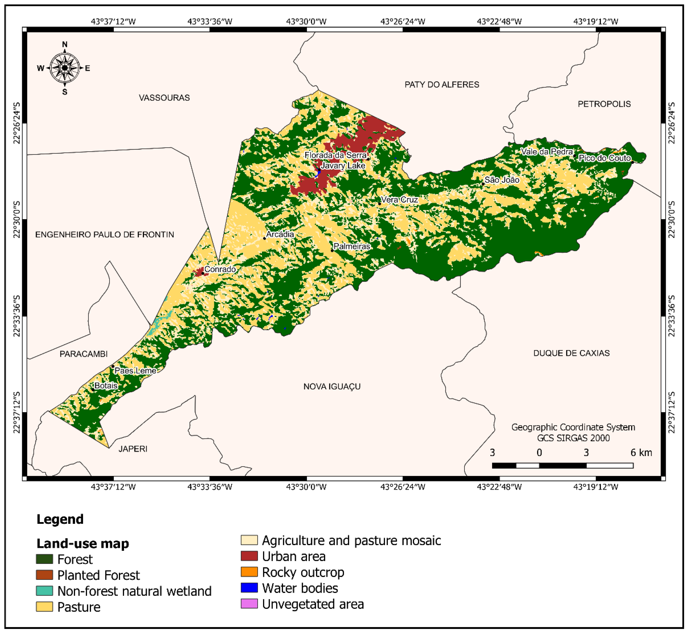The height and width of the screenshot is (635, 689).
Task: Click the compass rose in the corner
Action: pos(65,68)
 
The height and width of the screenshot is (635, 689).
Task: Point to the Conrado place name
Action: pos(220,269)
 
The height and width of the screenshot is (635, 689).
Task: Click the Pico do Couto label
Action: pos(605,158)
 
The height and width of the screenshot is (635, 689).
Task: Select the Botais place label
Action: pos(106,386)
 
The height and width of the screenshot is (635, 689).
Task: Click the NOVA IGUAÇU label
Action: pos(332,387)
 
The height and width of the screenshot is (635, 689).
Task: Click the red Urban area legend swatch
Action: pos(249,556)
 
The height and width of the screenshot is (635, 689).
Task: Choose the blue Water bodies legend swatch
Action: pos(249,588)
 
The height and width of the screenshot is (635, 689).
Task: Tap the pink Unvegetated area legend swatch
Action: pos(249,604)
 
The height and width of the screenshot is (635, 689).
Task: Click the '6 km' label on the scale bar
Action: pos(641,452)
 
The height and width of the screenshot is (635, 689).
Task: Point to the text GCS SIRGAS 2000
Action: pos(573,438)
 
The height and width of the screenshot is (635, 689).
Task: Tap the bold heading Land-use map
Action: pos(82,544)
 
